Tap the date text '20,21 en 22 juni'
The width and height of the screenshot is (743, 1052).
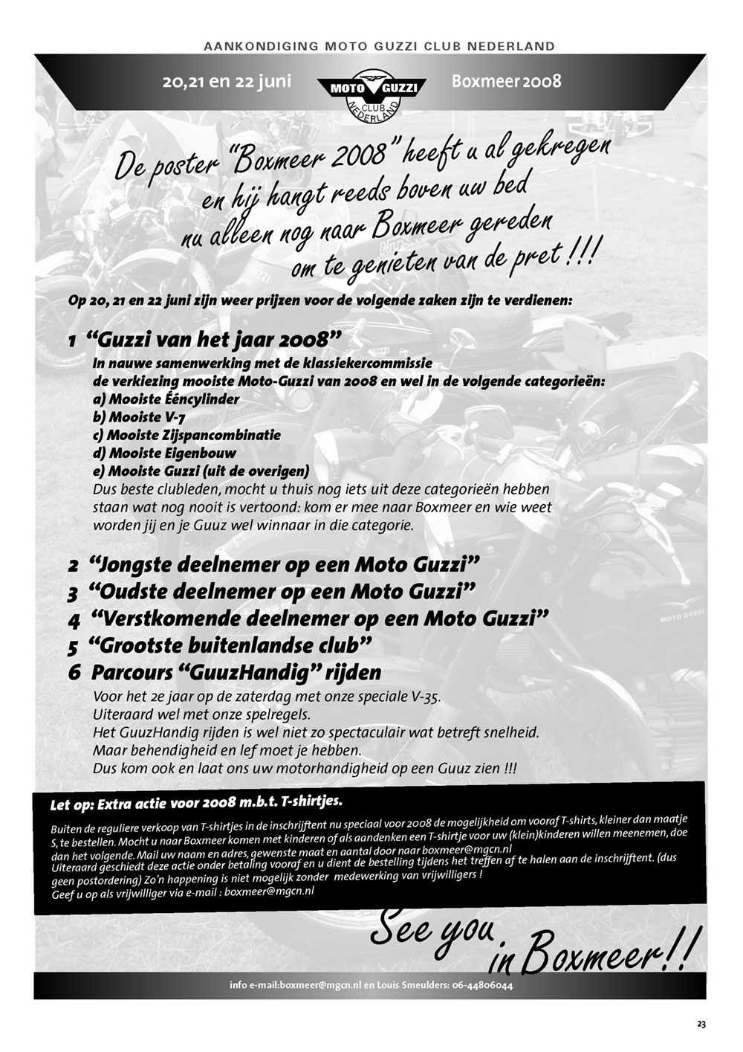point(227,81)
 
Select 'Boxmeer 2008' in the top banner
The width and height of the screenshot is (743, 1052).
point(506,81)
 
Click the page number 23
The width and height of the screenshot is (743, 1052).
point(701,1024)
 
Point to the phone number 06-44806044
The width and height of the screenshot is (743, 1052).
point(482,986)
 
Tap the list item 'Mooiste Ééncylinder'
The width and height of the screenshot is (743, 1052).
point(166,399)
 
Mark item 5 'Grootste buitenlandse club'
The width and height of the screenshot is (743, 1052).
point(230,645)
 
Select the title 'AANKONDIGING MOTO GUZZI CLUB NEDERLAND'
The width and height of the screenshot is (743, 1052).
point(379,46)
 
